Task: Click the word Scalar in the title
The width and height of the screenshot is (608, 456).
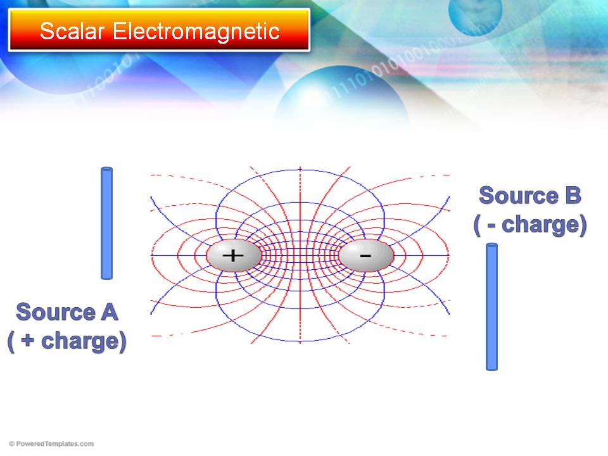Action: coord(72,31)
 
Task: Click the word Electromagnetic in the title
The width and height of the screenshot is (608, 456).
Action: coord(196,31)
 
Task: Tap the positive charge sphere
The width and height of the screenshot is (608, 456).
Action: coord(234,255)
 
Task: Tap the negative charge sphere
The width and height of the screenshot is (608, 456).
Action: coord(366,255)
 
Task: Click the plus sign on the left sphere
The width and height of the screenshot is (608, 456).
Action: coord(233,255)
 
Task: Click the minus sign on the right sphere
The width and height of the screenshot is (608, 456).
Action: coord(365,255)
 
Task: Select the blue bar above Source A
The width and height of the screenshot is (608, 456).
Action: coord(106,223)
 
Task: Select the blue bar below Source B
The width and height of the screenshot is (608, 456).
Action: coord(491,307)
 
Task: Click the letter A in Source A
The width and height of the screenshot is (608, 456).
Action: coord(110,312)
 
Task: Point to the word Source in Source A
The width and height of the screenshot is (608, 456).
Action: coord(56,312)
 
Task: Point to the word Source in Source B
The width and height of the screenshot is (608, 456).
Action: coord(519,195)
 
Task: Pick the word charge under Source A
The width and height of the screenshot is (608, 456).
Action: coord(80,341)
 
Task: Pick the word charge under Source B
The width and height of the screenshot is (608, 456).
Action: coord(541,224)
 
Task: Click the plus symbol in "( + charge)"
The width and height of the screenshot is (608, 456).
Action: coord(27,341)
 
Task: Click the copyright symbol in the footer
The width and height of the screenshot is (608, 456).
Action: coord(11,443)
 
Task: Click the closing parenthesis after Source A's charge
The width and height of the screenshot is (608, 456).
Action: coord(123,341)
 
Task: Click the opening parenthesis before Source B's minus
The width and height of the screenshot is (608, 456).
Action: coord(477,225)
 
